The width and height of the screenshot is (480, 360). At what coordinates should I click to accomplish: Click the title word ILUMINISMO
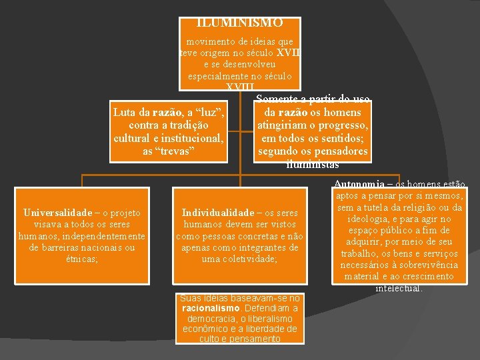(240, 23)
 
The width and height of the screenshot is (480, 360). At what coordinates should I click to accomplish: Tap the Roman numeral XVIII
(239, 87)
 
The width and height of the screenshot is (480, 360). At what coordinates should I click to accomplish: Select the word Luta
(125, 112)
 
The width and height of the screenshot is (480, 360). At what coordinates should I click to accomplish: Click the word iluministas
(313, 164)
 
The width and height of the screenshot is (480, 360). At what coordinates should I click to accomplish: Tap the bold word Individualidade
(218, 213)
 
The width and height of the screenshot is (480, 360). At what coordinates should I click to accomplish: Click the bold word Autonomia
(359, 184)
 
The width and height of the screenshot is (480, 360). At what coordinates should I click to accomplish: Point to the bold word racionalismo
(210, 309)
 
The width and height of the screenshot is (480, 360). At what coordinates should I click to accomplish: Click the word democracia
(208, 319)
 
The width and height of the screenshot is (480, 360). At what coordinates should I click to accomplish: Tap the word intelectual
(399, 288)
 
